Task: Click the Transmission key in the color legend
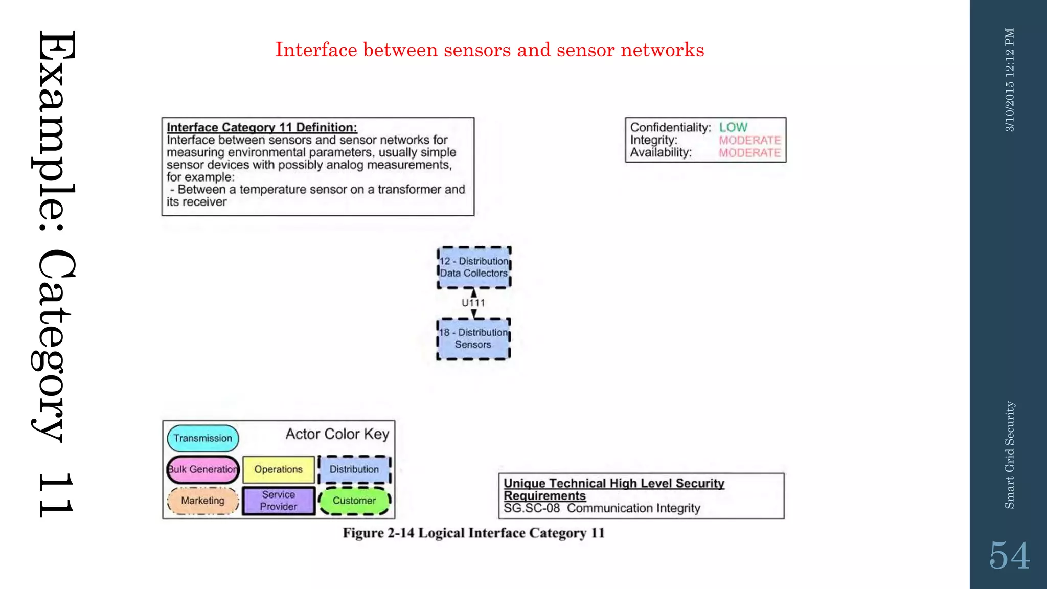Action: pyautogui.click(x=203, y=438)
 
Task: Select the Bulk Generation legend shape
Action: pyautogui.click(x=203, y=469)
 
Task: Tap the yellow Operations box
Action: pyautogui.click(x=279, y=469)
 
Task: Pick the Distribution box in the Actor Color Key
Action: pyautogui.click(x=354, y=469)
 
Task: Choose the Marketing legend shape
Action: pyautogui.click(x=203, y=501)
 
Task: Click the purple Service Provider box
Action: pyautogui.click(x=279, y=501)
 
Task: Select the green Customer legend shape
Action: pyautogui.click(x=354, y=501)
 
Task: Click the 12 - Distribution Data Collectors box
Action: pyautogui.click(x=474, y=267)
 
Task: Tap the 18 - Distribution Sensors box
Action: pyautogui.click(x=473, y=338)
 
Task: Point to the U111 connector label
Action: pyautogui.click(x=473, y=303)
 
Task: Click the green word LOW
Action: pyautogui.click(x=733, y=127)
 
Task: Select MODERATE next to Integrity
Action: pyautogui.click(x=749, y=140)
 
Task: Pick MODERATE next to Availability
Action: pyautogui.click(x=749, y=153)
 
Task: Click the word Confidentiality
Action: pyautogui.click(x=670, y=127)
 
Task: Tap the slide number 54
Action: pyautogui.click(x=1009, y=556)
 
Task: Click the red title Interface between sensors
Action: pyautogui.click(x=489, y=50)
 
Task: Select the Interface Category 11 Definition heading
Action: pyautogui.click(x=262, y=127)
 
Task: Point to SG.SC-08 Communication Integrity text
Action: pyautogui.click(x=602, y=508)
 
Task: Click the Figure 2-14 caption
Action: pyautogui.click(x=473, y=533)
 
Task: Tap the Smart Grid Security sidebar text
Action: pyautogui.click(x=1010, y=455)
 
